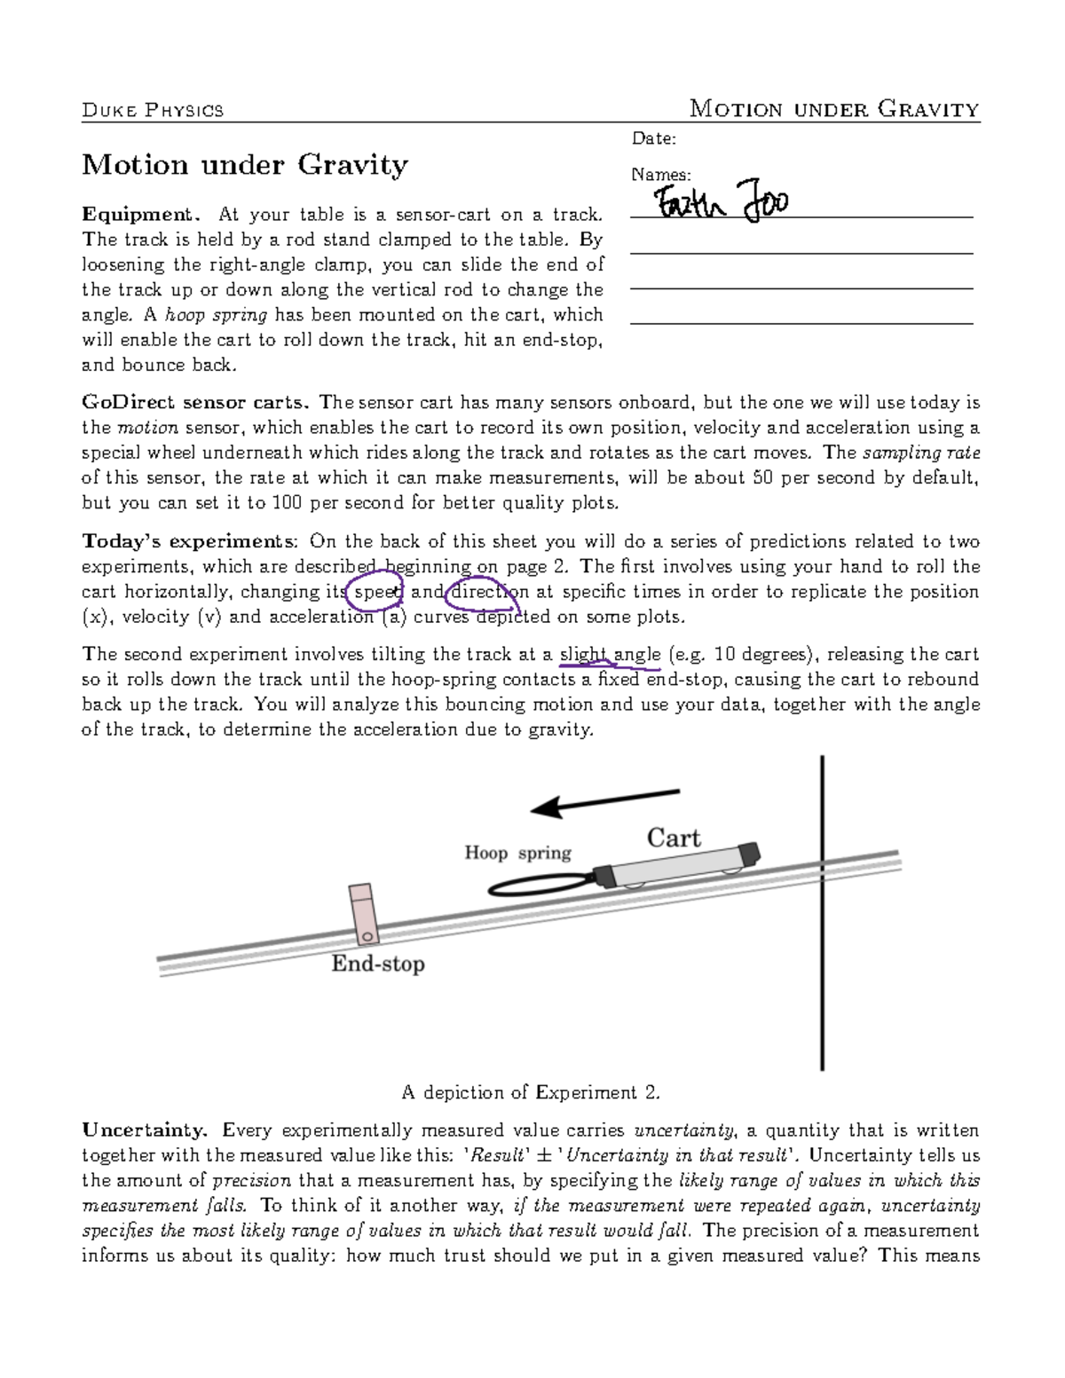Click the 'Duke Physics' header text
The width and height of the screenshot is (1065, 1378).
153,110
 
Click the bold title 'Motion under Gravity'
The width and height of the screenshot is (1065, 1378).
245,165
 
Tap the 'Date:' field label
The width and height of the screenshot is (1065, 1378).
653,138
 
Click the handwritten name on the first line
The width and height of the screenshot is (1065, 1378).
721,202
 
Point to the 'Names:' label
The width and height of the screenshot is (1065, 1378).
660,175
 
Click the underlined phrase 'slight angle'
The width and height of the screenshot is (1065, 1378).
610,655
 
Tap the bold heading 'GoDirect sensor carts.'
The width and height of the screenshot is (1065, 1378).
196,403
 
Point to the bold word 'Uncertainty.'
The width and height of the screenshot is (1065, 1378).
145,1130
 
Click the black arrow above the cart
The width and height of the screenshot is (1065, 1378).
604,800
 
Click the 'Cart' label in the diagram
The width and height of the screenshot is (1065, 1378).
673,838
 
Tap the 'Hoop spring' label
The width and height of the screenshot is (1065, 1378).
517,853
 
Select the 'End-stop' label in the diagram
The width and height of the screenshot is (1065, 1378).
378,964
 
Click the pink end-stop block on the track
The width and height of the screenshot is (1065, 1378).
363,913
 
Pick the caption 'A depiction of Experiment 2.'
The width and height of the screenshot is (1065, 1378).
531,1092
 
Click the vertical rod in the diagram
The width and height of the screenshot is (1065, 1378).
822,976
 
